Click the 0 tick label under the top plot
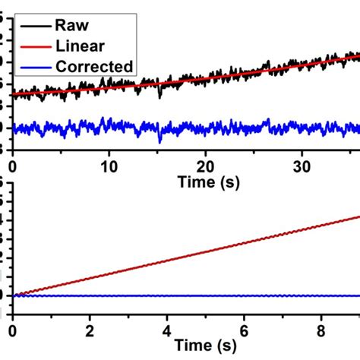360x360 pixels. pyautogui.click(x=12, y=165)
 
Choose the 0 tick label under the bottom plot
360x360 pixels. pyautogui.click(x=12, y=331)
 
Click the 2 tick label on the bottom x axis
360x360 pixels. pyautogui.click(x=90, y=331)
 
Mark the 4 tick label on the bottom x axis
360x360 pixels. pyautogui.click(x=166, y=331)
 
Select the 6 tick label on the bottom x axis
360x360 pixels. pyautogui.click(x=244, y=331)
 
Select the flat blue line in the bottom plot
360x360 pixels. pyautogui.click(x=190, y=295)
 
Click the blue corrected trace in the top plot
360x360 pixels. pyautogui.click(x=190, y=128)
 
